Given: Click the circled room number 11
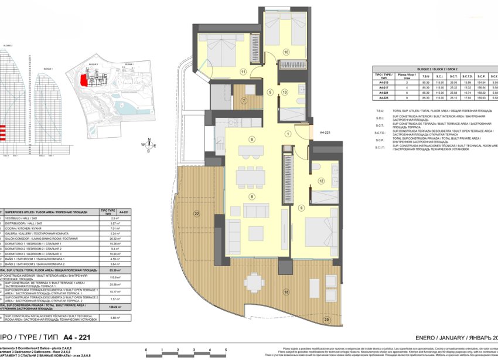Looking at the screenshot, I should pyautogui.click(x=243, y=72).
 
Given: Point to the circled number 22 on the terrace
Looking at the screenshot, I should pyautogui.click(x=197, y=213).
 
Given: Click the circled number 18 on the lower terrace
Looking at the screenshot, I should pyautogui.click(x=286, y=291).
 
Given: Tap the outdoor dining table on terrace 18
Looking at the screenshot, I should pyautogui.click(x=254, y=283).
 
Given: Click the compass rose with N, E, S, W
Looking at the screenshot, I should pyautogui.click(x=149, y=144).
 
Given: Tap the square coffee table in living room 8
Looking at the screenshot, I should pyautogui.click(x=255, y=212).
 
